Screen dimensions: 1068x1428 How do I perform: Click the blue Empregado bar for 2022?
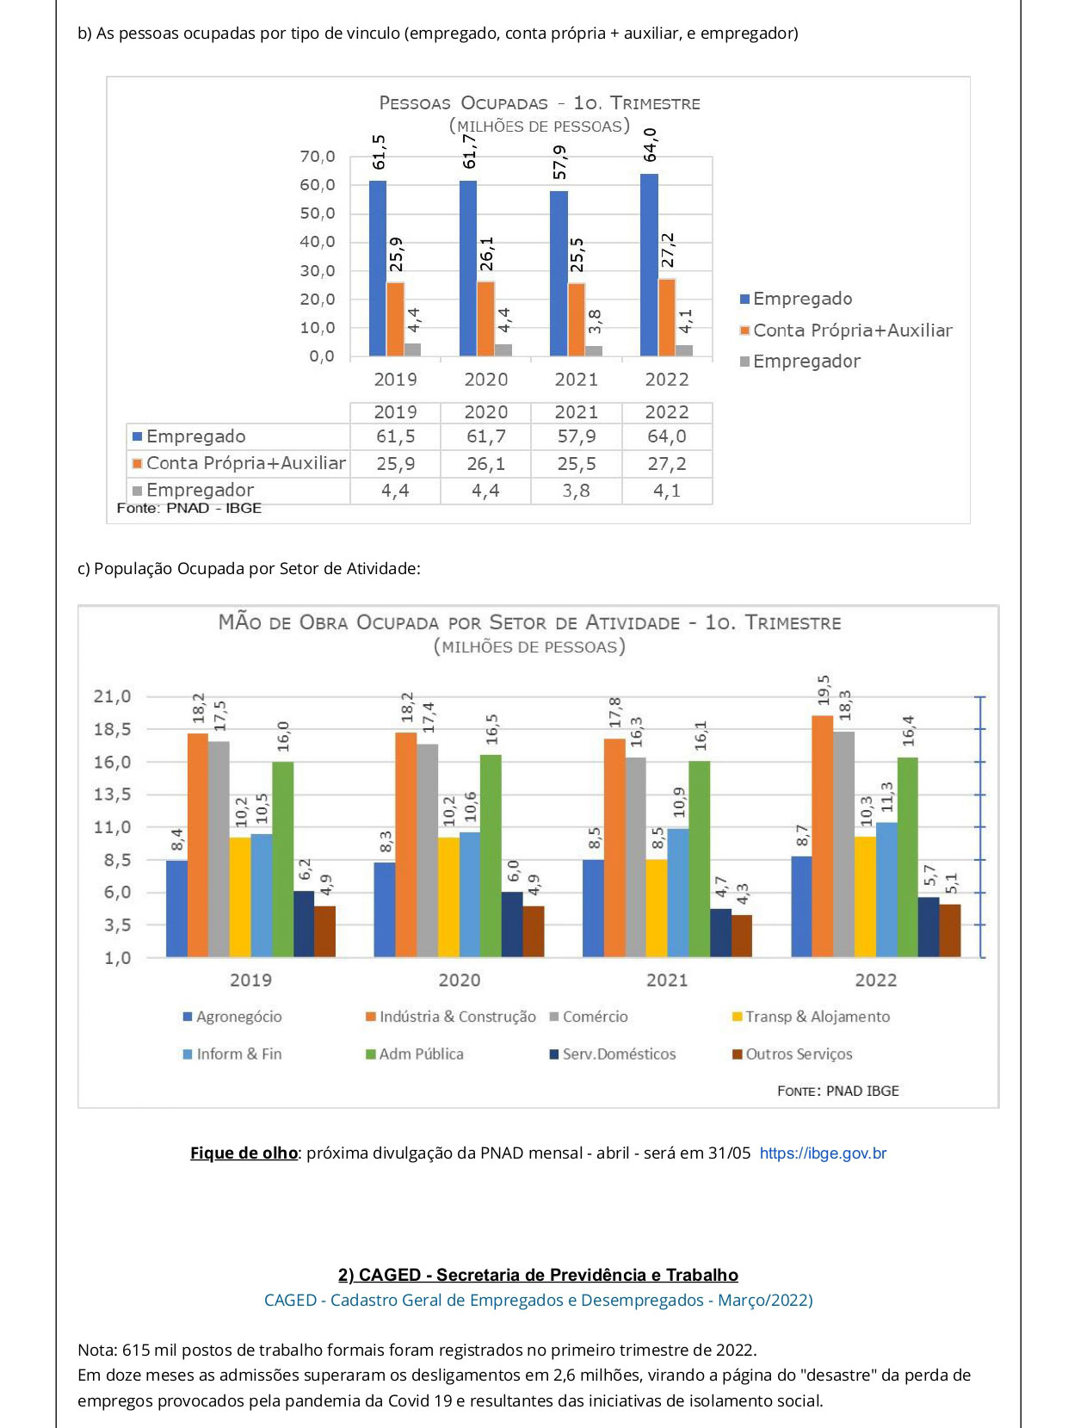click(649, 265)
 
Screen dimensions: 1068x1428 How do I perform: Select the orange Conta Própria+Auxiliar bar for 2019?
click(395, 318)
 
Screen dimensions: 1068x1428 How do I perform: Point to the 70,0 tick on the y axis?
click(318, 157)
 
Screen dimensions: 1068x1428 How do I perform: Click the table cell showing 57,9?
click(577, 436)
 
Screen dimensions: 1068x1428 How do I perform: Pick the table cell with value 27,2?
click(667, 464)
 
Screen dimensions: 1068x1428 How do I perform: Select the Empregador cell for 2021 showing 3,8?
click(577, 491)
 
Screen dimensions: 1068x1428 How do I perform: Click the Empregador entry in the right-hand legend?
click(800, 362)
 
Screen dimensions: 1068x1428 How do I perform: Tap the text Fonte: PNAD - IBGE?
click(188, 508)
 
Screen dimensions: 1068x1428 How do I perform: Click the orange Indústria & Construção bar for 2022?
click(822, 836)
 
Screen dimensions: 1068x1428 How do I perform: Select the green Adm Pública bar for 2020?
click(491, 856)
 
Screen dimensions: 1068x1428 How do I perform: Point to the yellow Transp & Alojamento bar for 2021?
click(657, 908)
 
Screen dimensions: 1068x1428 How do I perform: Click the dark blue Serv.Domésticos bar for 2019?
click(304, 924)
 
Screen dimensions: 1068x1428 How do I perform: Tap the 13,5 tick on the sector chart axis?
click(112, 794)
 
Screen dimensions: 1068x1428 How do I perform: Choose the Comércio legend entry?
click(590, 1017)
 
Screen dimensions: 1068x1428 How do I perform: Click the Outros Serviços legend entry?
click(793, 1054)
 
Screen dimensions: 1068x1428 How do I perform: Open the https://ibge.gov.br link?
click(823, 1153)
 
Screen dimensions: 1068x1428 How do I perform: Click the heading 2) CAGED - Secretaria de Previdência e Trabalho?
click(538, 1275)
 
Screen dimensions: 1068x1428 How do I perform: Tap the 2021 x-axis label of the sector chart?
click(667, 980)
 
